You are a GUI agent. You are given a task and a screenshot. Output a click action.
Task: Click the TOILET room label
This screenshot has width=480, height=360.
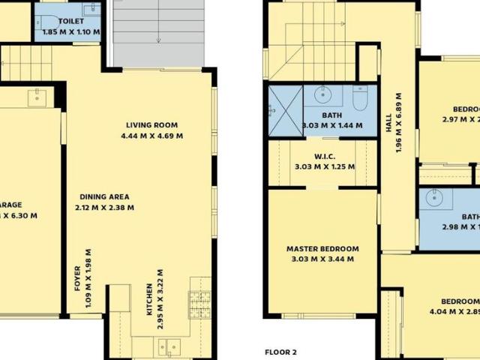click(x=72, y=22)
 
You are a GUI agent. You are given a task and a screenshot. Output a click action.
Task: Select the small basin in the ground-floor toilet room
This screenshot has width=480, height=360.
click(x=91, y=10)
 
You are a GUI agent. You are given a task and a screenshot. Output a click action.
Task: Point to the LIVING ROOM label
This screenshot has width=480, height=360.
click(x=151, y=125)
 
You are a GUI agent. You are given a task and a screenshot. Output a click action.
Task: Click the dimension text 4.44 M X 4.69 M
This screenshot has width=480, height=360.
click(x=151, y=136)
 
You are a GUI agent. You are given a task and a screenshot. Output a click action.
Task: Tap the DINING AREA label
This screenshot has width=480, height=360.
click(x=106, y=196)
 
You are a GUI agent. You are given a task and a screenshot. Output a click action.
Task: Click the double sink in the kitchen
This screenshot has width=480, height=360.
click(x=168, y=346)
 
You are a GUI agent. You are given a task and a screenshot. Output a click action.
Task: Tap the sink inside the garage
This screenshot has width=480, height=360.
click(x=36, y=97)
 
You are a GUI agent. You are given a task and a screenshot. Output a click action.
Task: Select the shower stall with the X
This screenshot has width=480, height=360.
click(x=285, y=110)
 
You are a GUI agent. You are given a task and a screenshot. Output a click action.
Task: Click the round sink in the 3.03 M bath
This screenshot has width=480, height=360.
click(x=322, y=94)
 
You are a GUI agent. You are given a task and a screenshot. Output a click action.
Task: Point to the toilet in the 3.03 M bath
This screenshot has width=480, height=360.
click(x=359, y=98)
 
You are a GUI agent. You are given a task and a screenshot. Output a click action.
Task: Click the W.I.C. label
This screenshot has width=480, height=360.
click(x=324, y=157)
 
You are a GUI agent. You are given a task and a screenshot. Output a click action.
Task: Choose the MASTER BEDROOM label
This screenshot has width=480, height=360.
click(x=322, y=249)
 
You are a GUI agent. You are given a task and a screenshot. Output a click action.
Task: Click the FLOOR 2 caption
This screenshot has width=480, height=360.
click(x=281, y=352)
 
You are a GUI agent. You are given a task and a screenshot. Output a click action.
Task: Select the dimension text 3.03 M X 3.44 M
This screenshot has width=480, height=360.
click(x=322, y=259)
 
